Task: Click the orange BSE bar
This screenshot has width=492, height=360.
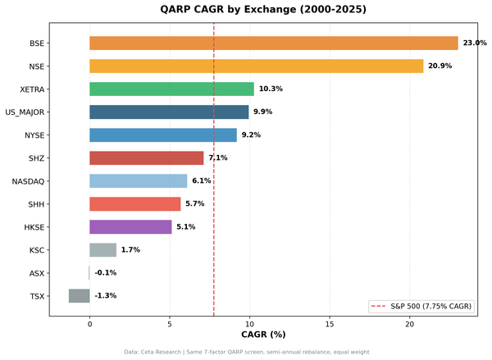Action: pos(273,43)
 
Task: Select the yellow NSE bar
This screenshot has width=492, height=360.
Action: pos(256,66)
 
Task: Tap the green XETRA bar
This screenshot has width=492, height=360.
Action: pos(171,89)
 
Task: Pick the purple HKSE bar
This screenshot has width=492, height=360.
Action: pos(130,227)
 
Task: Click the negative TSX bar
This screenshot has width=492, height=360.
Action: pos(79,296)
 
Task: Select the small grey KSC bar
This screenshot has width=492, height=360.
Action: pos(102,250)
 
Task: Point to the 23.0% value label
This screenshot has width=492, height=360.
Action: pos(475,43)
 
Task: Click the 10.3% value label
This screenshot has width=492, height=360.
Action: pos(271,89)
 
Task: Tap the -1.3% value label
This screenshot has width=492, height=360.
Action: pos(105,296)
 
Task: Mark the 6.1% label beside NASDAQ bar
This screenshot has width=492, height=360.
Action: pos(202,181)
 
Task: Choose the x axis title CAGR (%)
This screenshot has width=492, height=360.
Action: pos(262,335)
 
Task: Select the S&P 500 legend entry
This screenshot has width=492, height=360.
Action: pos(421,306)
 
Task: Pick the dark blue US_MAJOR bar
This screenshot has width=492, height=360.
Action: pos(169,112)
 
